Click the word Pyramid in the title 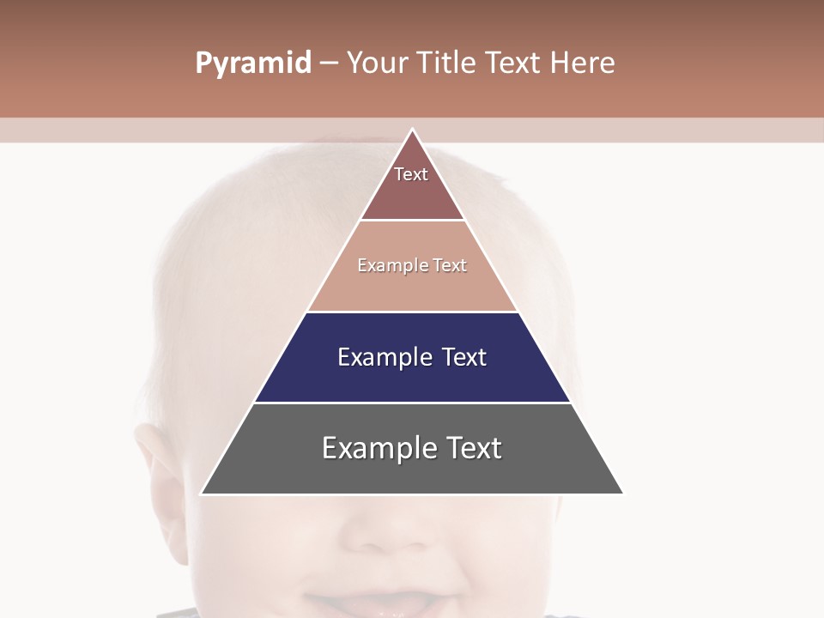[252, 64]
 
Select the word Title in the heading [447, 64]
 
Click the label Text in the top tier [411, 174]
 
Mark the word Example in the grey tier [378, 448]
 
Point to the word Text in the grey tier [473, 448]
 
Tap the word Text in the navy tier [464, 357]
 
